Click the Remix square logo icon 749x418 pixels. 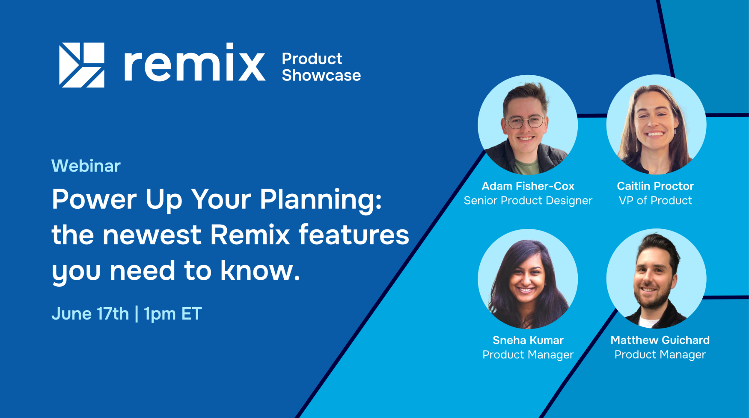click(82, 65)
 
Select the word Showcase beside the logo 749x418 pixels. click(321, 75)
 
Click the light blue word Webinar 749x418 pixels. click(86, 166)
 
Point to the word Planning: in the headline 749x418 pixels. click(321, 200)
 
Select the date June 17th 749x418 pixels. click(90, 314)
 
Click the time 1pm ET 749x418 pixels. click(172, 314)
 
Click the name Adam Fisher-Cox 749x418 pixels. click(528, 186)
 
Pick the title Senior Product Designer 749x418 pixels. click(528, 201)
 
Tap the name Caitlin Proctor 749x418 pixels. click(655, 186)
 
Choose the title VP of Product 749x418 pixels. click(655, 201)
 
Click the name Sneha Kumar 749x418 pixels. click(528, 340)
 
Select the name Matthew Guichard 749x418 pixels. click(660, 340)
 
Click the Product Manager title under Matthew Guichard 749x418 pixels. click(660, 355)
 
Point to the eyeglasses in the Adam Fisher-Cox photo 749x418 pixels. click(526, 122)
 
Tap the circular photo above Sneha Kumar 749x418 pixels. click(528, 279)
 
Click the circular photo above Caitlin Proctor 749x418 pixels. click(656, 125)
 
